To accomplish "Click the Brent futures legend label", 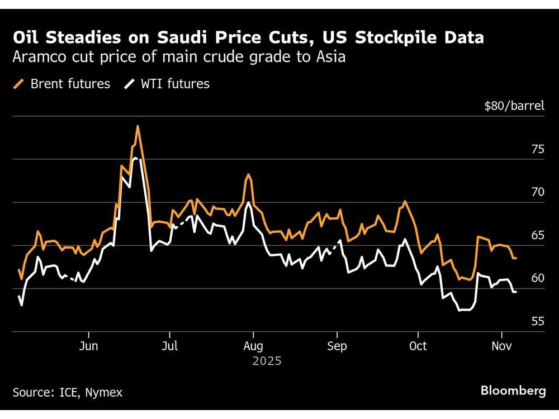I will point(70,84).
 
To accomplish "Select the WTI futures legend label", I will point(176,84).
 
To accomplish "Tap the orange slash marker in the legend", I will point(19,84).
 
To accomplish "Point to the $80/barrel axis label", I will point(514,105).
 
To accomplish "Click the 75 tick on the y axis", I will point(538,149).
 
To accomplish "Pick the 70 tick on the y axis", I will point(538,192).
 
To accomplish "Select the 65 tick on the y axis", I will point(538,235).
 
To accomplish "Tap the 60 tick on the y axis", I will point(538,278).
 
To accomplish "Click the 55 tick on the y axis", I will point(538,321).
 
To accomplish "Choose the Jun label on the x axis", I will point(88,346).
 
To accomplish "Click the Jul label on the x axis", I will point(169,346).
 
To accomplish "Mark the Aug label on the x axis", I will point(253,346).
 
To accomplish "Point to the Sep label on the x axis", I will point(337,346).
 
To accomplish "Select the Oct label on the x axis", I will point(418,346).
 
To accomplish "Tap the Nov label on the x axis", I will point(501,346).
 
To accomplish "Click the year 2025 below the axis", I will point(267,361).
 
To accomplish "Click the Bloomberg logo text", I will point(513,391).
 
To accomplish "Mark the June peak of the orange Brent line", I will point(137,126).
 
